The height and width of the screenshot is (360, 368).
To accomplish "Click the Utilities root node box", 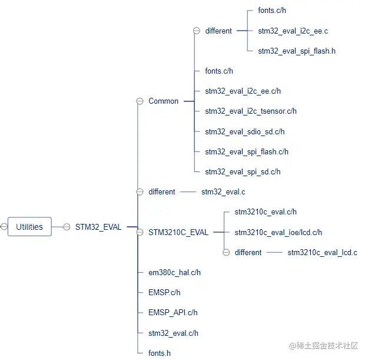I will point(29,227).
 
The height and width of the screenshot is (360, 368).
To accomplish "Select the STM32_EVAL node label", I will point(98,227).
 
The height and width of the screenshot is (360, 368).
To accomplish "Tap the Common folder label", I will point(163,101).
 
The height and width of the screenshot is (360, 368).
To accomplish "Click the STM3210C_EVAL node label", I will point(178,232).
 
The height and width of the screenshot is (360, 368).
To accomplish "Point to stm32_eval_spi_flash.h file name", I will point(297,51).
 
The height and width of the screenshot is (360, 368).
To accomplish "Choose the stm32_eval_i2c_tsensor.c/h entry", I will point(251,111).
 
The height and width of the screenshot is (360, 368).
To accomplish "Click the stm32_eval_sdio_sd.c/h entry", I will point(245,131).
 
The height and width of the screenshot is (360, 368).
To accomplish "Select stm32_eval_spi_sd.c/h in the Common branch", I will point(243,172).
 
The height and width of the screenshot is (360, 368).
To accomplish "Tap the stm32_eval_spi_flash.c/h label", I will point(247,152).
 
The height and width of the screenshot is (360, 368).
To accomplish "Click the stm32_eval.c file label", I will point(223,192).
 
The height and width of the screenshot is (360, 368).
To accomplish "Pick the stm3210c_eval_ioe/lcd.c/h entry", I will point(279,232).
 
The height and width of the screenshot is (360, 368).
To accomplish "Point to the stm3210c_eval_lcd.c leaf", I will point(322,252).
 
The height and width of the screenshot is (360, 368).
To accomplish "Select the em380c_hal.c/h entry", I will point(175,272).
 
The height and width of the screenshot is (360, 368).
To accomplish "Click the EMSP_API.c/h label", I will point(173,312).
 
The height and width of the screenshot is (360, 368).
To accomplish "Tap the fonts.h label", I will point(160,353).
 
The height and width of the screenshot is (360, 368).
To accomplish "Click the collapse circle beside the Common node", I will point(140,101).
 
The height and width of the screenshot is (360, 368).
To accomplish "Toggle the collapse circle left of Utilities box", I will point(4,227).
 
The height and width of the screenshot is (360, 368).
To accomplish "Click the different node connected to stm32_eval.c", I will point(161,192).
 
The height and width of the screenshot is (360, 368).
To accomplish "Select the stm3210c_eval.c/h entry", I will point(266,212).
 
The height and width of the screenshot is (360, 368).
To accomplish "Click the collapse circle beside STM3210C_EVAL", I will point(140,232).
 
